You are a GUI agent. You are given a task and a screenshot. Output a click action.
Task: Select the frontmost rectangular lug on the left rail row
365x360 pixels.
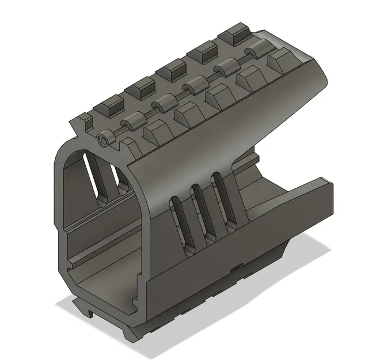109,105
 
